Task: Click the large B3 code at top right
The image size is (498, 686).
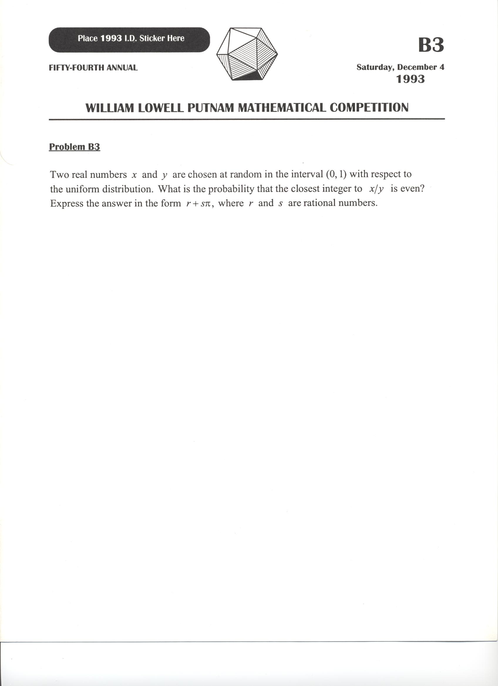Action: click(x=431, y=45)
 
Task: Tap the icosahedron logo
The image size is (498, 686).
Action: click(x=247, y=54)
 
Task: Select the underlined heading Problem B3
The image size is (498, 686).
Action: click(x=75, y=147)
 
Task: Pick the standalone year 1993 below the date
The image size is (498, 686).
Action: click(x=410, y=79)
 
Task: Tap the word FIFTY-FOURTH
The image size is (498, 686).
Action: click(x=77, y=67)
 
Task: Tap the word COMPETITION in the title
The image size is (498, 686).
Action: click(x=369, y=108)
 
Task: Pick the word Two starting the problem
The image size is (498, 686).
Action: click(x=59, y=175)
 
